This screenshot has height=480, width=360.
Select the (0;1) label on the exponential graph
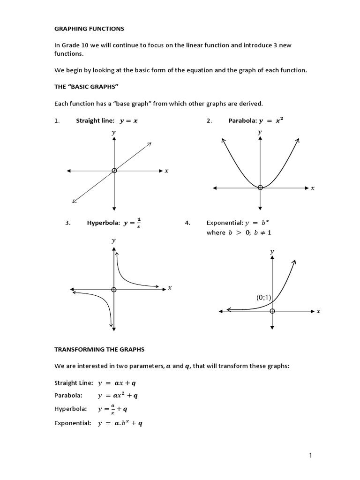point(263,297)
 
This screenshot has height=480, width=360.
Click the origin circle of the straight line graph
point(114,171)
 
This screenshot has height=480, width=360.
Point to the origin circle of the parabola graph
point(260,187)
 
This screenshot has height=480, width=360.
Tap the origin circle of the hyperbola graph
point(114,289)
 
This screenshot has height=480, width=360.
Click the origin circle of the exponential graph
point(272,311)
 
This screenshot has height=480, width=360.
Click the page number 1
point(311,455)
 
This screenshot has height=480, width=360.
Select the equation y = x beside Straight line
point(128,120)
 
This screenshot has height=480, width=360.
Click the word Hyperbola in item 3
point(103,223)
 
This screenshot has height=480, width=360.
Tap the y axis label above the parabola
point(260,133)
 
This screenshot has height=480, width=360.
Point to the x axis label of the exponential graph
point(318,311)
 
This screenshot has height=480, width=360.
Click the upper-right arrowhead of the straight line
point(150,144)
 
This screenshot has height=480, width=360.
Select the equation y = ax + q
point(117,382)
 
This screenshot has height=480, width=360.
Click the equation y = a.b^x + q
point(120,423)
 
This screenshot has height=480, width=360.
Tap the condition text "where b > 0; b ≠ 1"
point(232,233)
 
